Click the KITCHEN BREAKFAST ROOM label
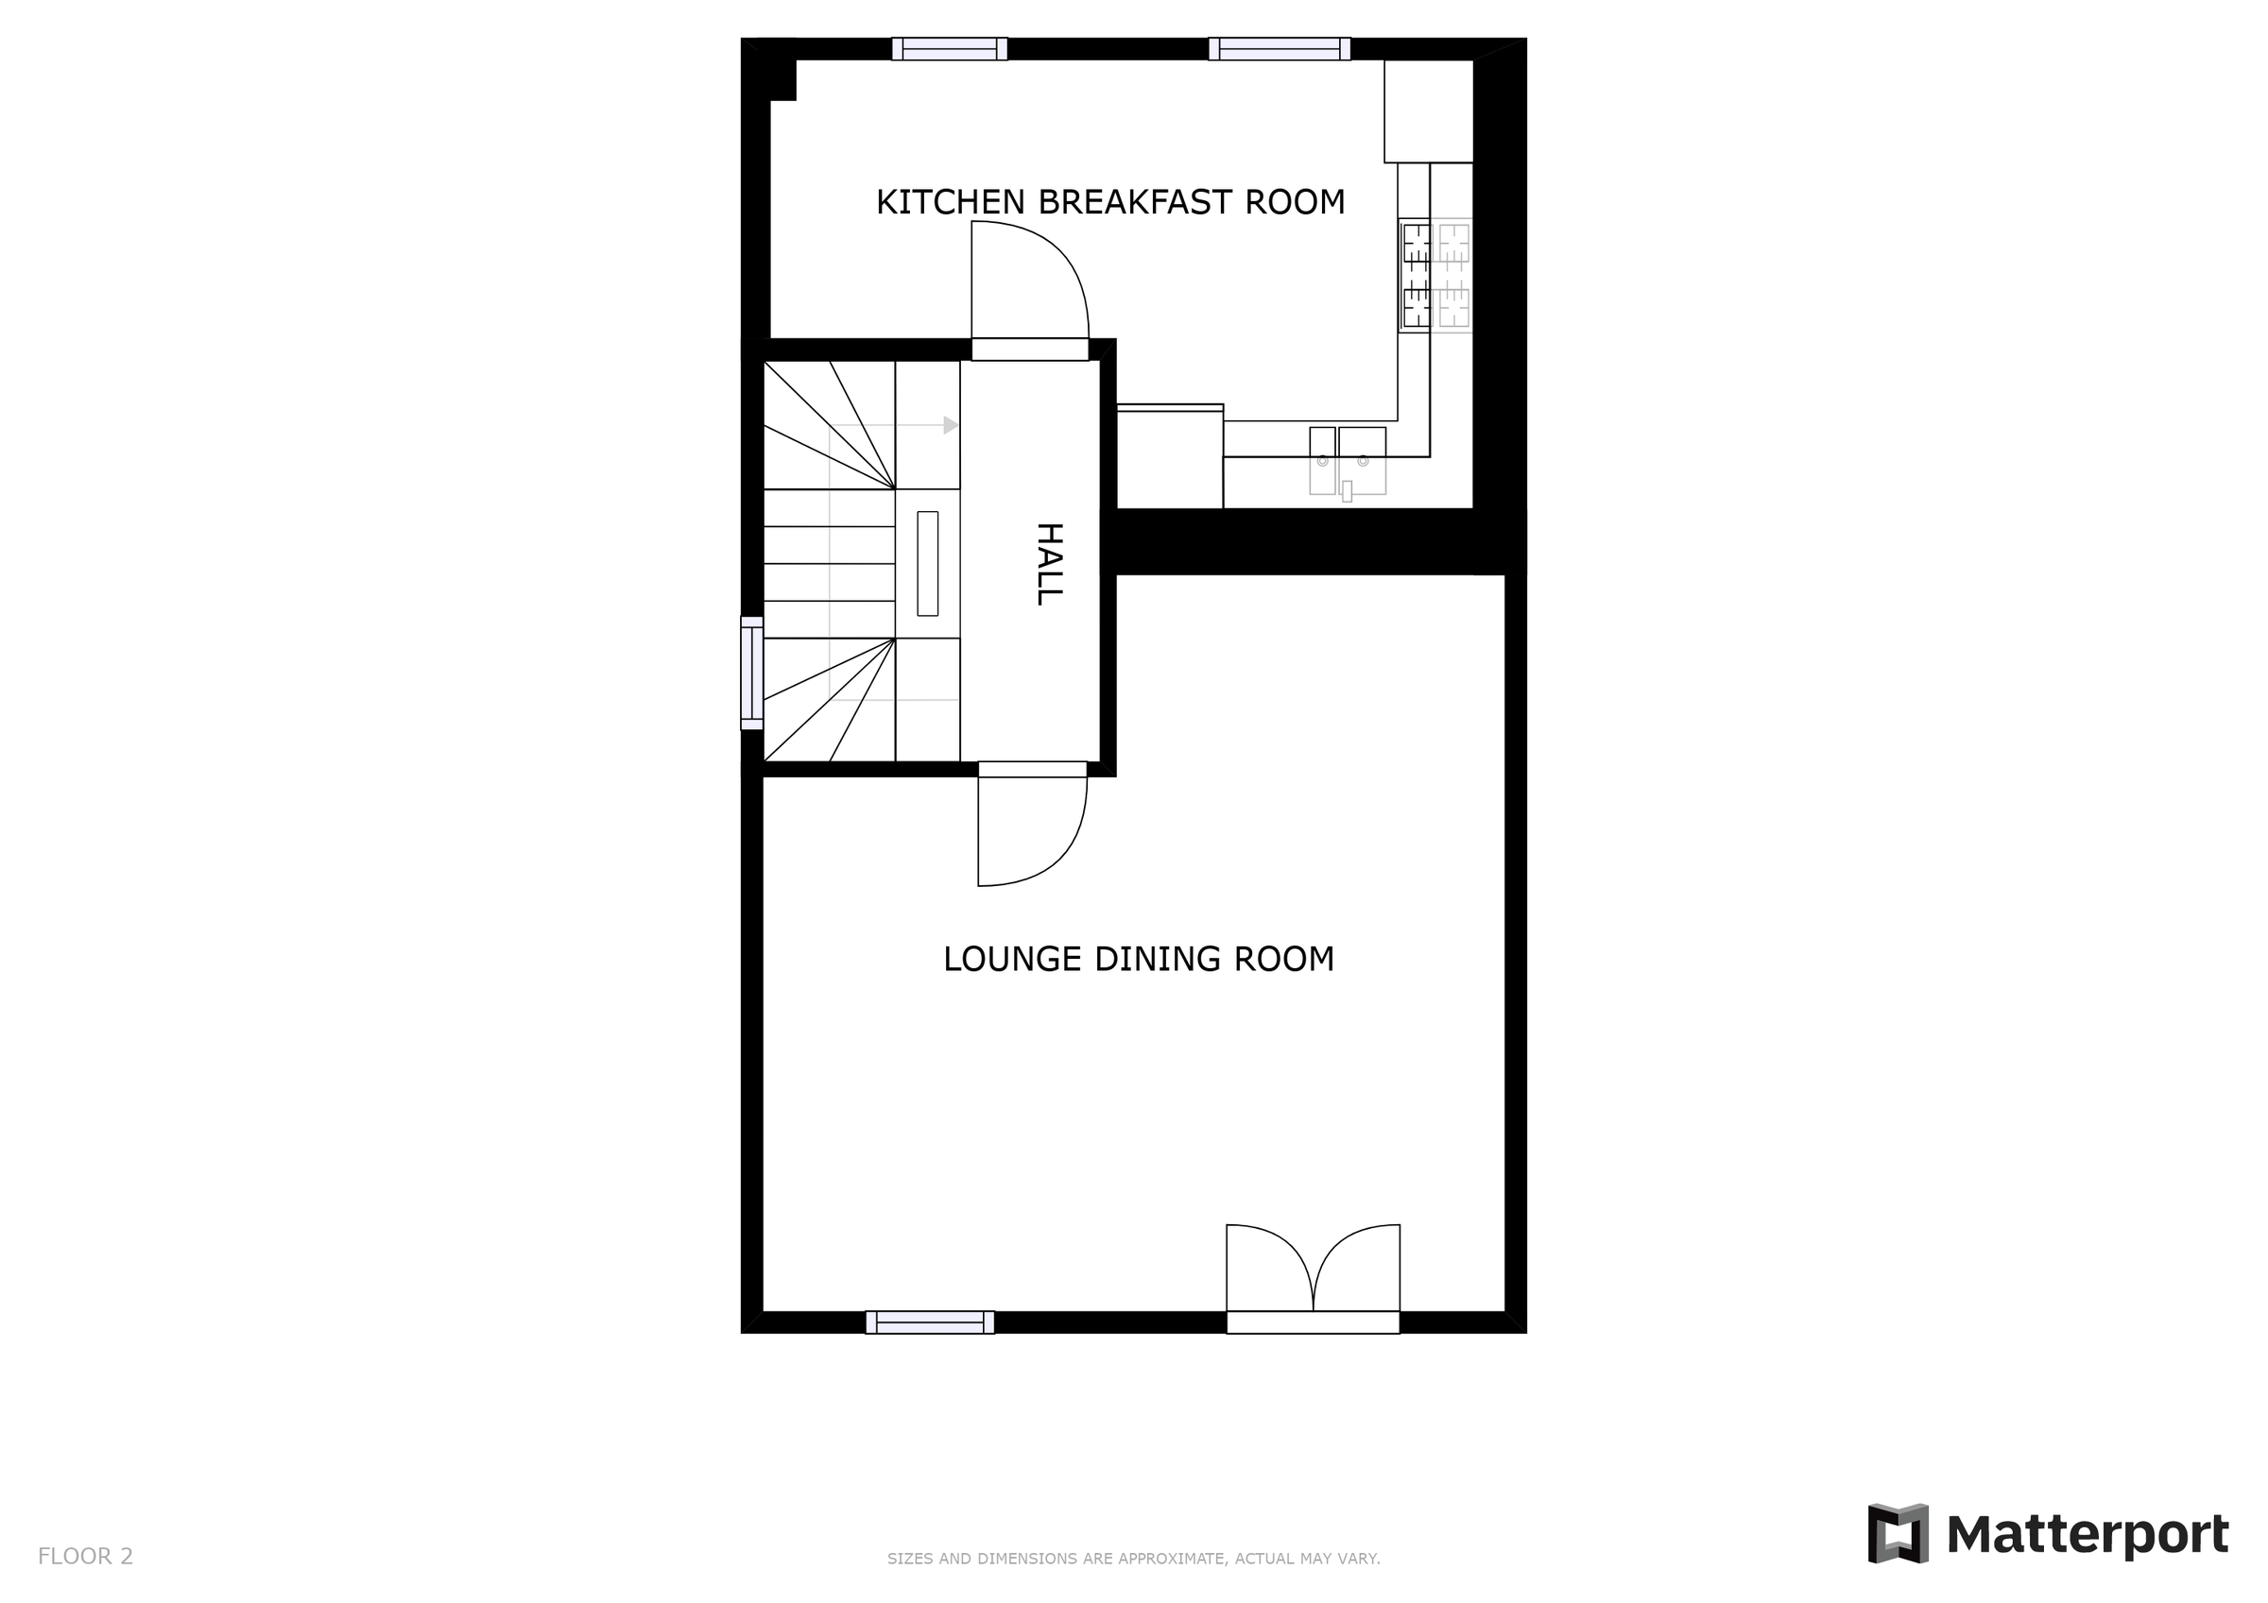[x=1110, y=201]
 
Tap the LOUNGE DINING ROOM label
[x=1138, y=959]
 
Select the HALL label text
[x=1048, y=564]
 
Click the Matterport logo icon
[x=1897, y=1534]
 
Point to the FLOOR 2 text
[x=85, y=1557]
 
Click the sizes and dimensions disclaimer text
[x=1133, y=1559]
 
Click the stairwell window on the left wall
[x=751, y=673]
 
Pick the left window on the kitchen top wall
[x=950, y=49]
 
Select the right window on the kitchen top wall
[x=1280, y=49]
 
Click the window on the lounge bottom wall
[x=930, y=1322]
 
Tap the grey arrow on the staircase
[x=951, y=426]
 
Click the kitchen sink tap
[x=1347, y=491]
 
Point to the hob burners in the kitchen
[x=1435, y=276]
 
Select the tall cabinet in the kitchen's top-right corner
[x=1428, y=111]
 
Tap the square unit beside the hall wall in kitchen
[x=1170, y=458]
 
